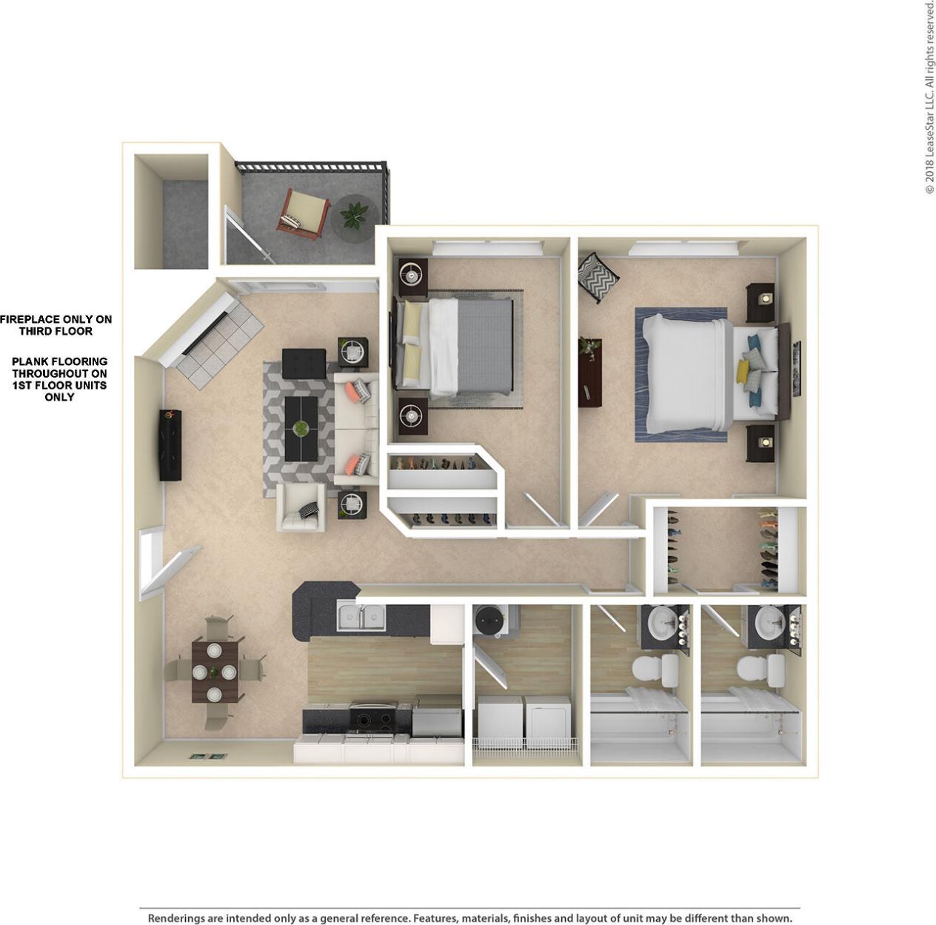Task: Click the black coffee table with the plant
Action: (301, 429)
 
